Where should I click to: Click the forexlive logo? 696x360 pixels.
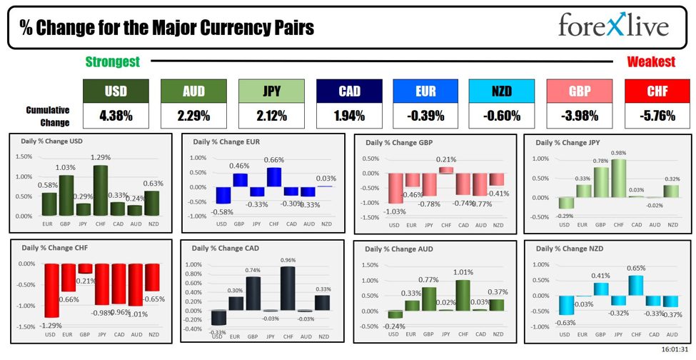[613, 26]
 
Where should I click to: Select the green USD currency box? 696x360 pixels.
[116, 91]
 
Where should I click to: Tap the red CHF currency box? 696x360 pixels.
[657, 91]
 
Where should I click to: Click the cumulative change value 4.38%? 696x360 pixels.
[116, 115]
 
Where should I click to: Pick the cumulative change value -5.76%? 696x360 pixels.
[657, 115]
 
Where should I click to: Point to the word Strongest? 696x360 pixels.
[112, 62]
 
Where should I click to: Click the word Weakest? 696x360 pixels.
[650, 62]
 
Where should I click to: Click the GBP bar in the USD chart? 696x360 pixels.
[66, 195]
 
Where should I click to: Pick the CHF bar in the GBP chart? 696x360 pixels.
[445, 170]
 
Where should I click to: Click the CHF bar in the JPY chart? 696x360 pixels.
[619, 178]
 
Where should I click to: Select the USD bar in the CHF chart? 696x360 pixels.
[50, 291]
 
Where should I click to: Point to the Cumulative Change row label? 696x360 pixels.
[48, 116]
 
